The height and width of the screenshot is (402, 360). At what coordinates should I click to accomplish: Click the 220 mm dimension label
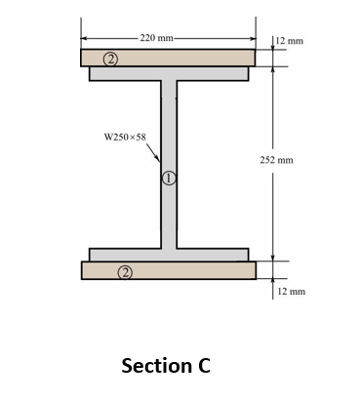click(157, 37)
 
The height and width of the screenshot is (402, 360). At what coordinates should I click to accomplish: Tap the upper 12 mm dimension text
click(291, 42)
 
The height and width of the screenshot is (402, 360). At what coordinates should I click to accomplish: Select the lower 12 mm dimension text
click(291, 291)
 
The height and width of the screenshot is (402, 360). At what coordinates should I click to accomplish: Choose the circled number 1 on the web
click(169, 179)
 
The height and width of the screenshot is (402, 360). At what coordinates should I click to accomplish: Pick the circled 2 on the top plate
click(112, 60)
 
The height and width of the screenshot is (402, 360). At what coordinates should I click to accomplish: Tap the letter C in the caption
click(202, 366)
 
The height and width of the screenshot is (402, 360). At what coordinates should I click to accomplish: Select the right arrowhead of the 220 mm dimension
click(254, 38)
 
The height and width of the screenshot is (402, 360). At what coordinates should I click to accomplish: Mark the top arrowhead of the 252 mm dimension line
click(272, 69)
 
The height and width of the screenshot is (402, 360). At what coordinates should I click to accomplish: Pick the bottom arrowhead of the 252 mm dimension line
click(272, 259)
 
